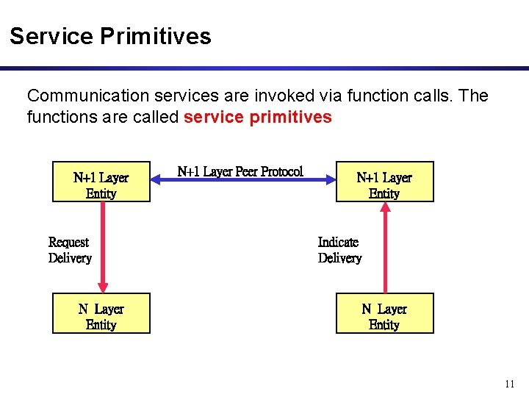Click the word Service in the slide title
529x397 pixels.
coord(51,36)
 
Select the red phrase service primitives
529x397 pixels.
coord(258,117)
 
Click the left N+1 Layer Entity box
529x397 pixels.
coord(101,182)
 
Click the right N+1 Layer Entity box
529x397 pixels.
coord(384,182)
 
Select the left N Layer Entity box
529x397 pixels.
coord(101,313)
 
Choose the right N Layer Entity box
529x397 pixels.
coord(384,313)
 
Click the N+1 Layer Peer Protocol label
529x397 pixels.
coord(240,171)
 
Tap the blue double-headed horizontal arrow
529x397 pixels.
coord(242,181)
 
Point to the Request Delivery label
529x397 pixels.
coord(70,250)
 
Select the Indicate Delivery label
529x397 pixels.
coord(339,250)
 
